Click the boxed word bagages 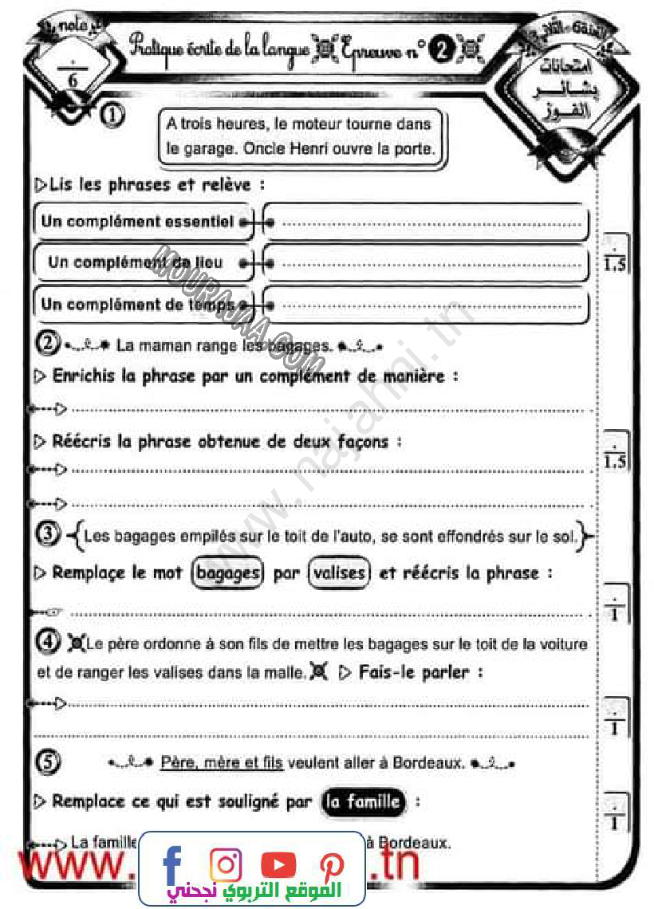pos(227,573)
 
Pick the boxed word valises pos(340,573)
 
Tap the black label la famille pos(363,801)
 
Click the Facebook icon pos(172,864)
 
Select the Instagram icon pos(226,864)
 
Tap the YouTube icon pos(278,864)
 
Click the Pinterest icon pos(331,864)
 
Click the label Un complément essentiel pos(137,222)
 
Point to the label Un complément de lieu pos(136,262)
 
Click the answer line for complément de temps pos(431,305)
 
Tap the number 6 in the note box pos(73,80)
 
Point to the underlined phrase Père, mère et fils pos(222,763)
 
